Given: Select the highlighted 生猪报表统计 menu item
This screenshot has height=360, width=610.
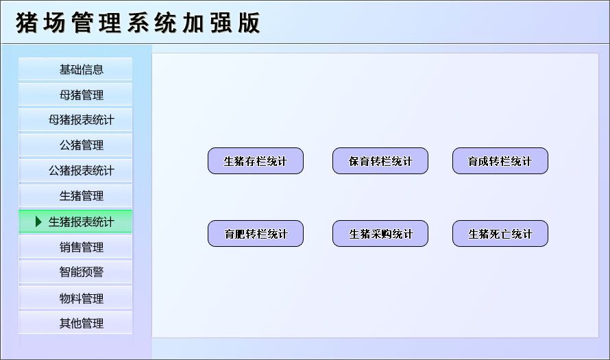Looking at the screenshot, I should [x=81, y=221].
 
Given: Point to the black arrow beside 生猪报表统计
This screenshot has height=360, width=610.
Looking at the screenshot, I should [x=39, y=221].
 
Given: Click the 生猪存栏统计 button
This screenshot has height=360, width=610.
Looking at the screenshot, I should [x=255, y=161].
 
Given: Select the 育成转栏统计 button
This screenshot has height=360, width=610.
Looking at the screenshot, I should [x=500, y=161].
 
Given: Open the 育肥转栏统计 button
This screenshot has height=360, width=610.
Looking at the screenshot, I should [x=255, y=234].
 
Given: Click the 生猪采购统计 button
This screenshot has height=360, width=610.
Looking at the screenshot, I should [x=380, y=234].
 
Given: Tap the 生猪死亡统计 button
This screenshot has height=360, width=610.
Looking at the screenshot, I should [x=500, y=234].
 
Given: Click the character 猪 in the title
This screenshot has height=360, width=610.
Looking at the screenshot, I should [x=27, y=23].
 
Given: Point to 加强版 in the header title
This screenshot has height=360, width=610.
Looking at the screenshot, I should [x=221, y=23].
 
